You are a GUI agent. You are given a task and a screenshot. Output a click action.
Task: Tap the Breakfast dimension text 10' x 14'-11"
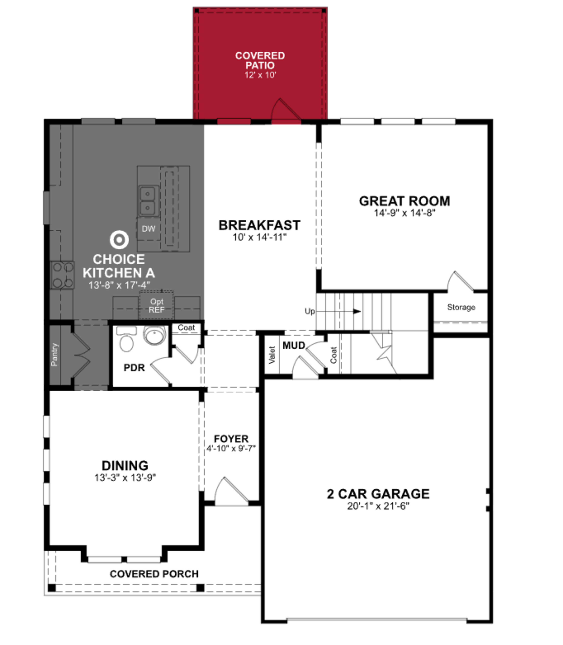pos(260,237)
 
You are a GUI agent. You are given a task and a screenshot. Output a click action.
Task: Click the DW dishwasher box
pos(148,229)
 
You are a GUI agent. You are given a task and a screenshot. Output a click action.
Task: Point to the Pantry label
pos(54,355)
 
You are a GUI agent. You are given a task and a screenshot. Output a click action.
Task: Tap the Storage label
pos(461,307)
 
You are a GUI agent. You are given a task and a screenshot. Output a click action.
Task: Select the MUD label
pos(294,346)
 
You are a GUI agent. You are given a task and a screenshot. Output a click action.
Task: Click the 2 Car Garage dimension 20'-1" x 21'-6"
pos(378,506)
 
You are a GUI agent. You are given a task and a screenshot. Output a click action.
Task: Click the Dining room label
pos(125,465)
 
